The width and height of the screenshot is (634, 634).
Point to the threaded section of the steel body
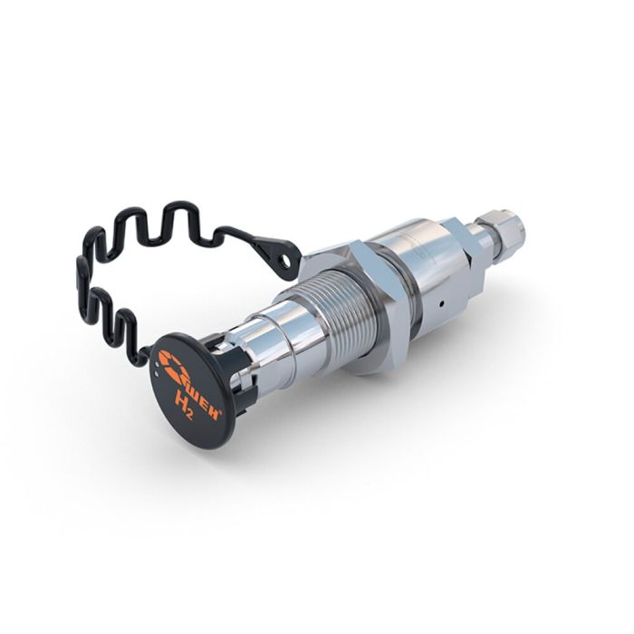pyautogui.click(x=339, y=312)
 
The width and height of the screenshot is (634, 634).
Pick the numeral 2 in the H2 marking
pyautogui.click(x=190, y=413)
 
